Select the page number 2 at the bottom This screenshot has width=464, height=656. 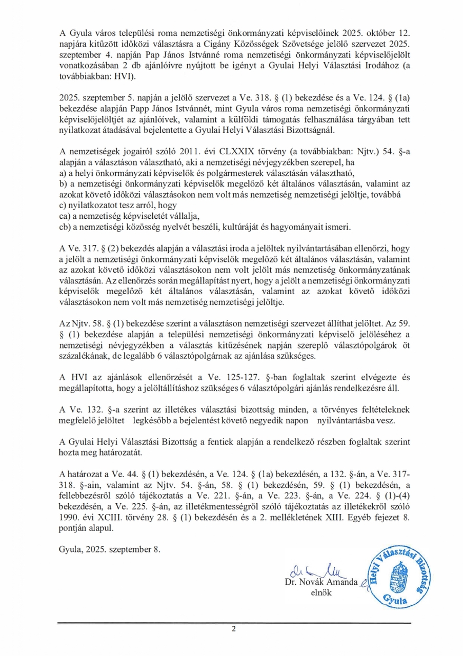(x=233, y=630)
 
